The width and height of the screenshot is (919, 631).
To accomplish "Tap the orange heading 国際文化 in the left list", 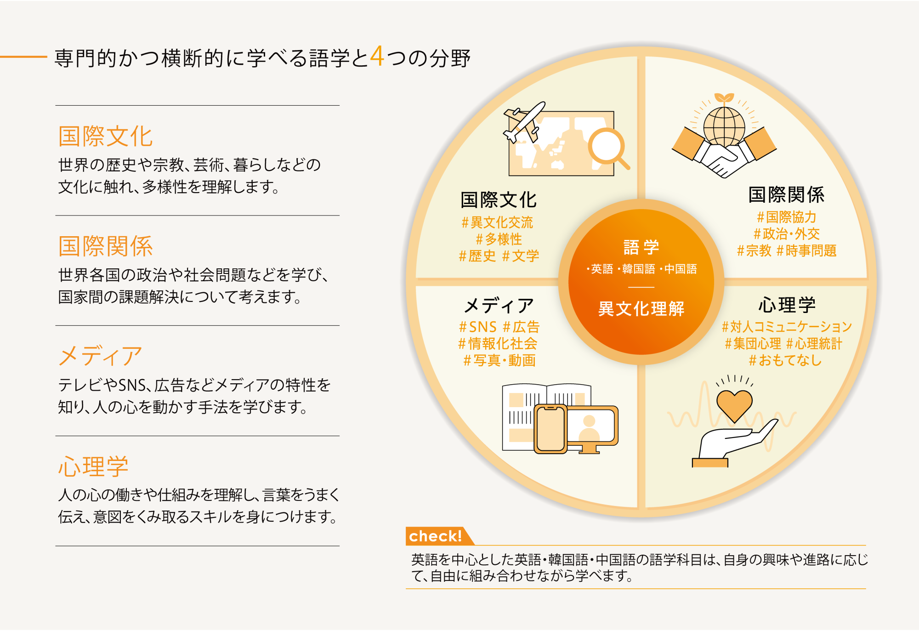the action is pos(106,136).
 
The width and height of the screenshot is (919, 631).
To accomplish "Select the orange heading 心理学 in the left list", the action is pos(93,466).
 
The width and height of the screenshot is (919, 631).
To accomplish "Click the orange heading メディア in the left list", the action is pos(100,356).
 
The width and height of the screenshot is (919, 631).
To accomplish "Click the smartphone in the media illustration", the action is pos(550,429).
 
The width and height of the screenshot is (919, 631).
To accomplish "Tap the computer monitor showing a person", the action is pos(592,429).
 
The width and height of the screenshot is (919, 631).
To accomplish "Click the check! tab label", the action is pos(435,536).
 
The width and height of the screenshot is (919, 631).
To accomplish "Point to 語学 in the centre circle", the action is pos(641,247).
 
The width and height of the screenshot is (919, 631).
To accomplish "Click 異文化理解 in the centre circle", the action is pos(641,308).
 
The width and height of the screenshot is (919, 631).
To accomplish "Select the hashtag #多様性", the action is pos(499,239).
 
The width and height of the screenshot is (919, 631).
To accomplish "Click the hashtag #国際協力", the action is pos(787,217).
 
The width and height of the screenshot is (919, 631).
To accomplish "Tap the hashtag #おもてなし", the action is pos(785,360).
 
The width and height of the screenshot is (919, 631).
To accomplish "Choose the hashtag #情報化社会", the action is pos(498,343).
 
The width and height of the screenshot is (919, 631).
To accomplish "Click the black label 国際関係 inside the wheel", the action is pos(786,194).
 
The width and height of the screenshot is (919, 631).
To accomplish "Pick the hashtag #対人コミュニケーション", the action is pos(787,327).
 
